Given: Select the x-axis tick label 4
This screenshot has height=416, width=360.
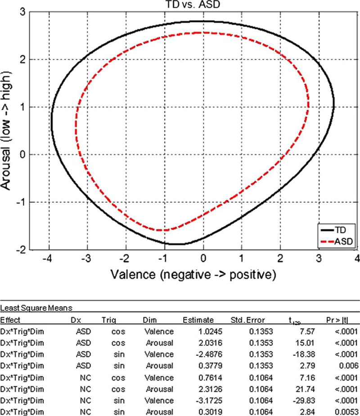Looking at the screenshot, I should tap(357, 259).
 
